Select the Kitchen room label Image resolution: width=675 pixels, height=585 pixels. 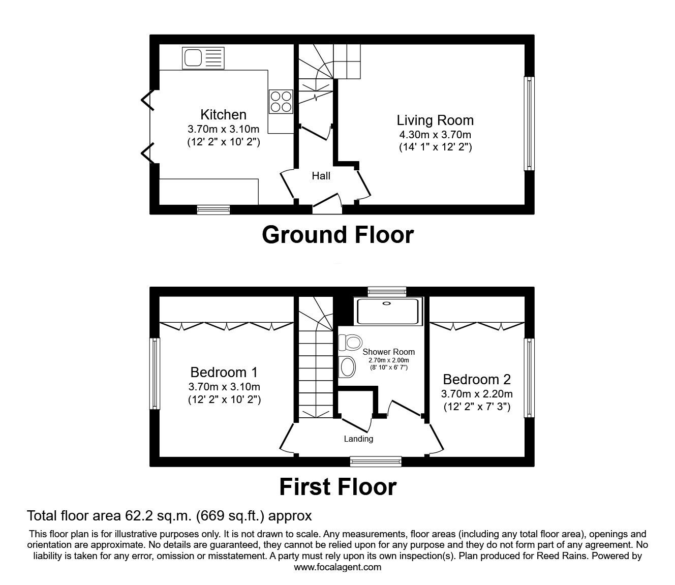(223, 115)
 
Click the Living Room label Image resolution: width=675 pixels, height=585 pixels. (435, 120)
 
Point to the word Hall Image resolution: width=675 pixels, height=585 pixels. (321, 176)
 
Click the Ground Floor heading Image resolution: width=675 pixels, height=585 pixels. (337, 235)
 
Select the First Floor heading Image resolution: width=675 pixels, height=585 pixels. (337, 487)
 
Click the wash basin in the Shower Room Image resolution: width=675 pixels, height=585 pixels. (348, 366)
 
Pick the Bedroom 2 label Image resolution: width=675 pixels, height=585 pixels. (477, 379)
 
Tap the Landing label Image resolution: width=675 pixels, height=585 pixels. (358, 439)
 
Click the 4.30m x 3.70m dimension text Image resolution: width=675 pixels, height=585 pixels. (435, 135)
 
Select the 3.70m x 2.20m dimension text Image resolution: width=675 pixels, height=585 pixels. (477, 393)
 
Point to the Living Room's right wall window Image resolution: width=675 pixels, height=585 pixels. (529, 124)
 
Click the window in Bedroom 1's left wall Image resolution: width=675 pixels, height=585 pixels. (154, 374)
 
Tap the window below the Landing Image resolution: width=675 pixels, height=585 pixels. (376, 461)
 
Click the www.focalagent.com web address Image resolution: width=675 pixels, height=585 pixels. (337, 567)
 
